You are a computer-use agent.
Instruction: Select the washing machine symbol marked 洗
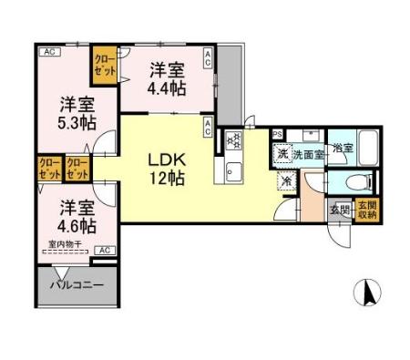pos(282,153)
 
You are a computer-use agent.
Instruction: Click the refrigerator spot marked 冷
pos(287,180)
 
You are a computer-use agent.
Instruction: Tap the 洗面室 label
pos(309,154)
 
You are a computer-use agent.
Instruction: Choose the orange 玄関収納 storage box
pos(367,211)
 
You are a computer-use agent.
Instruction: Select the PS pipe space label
pos(277,133)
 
